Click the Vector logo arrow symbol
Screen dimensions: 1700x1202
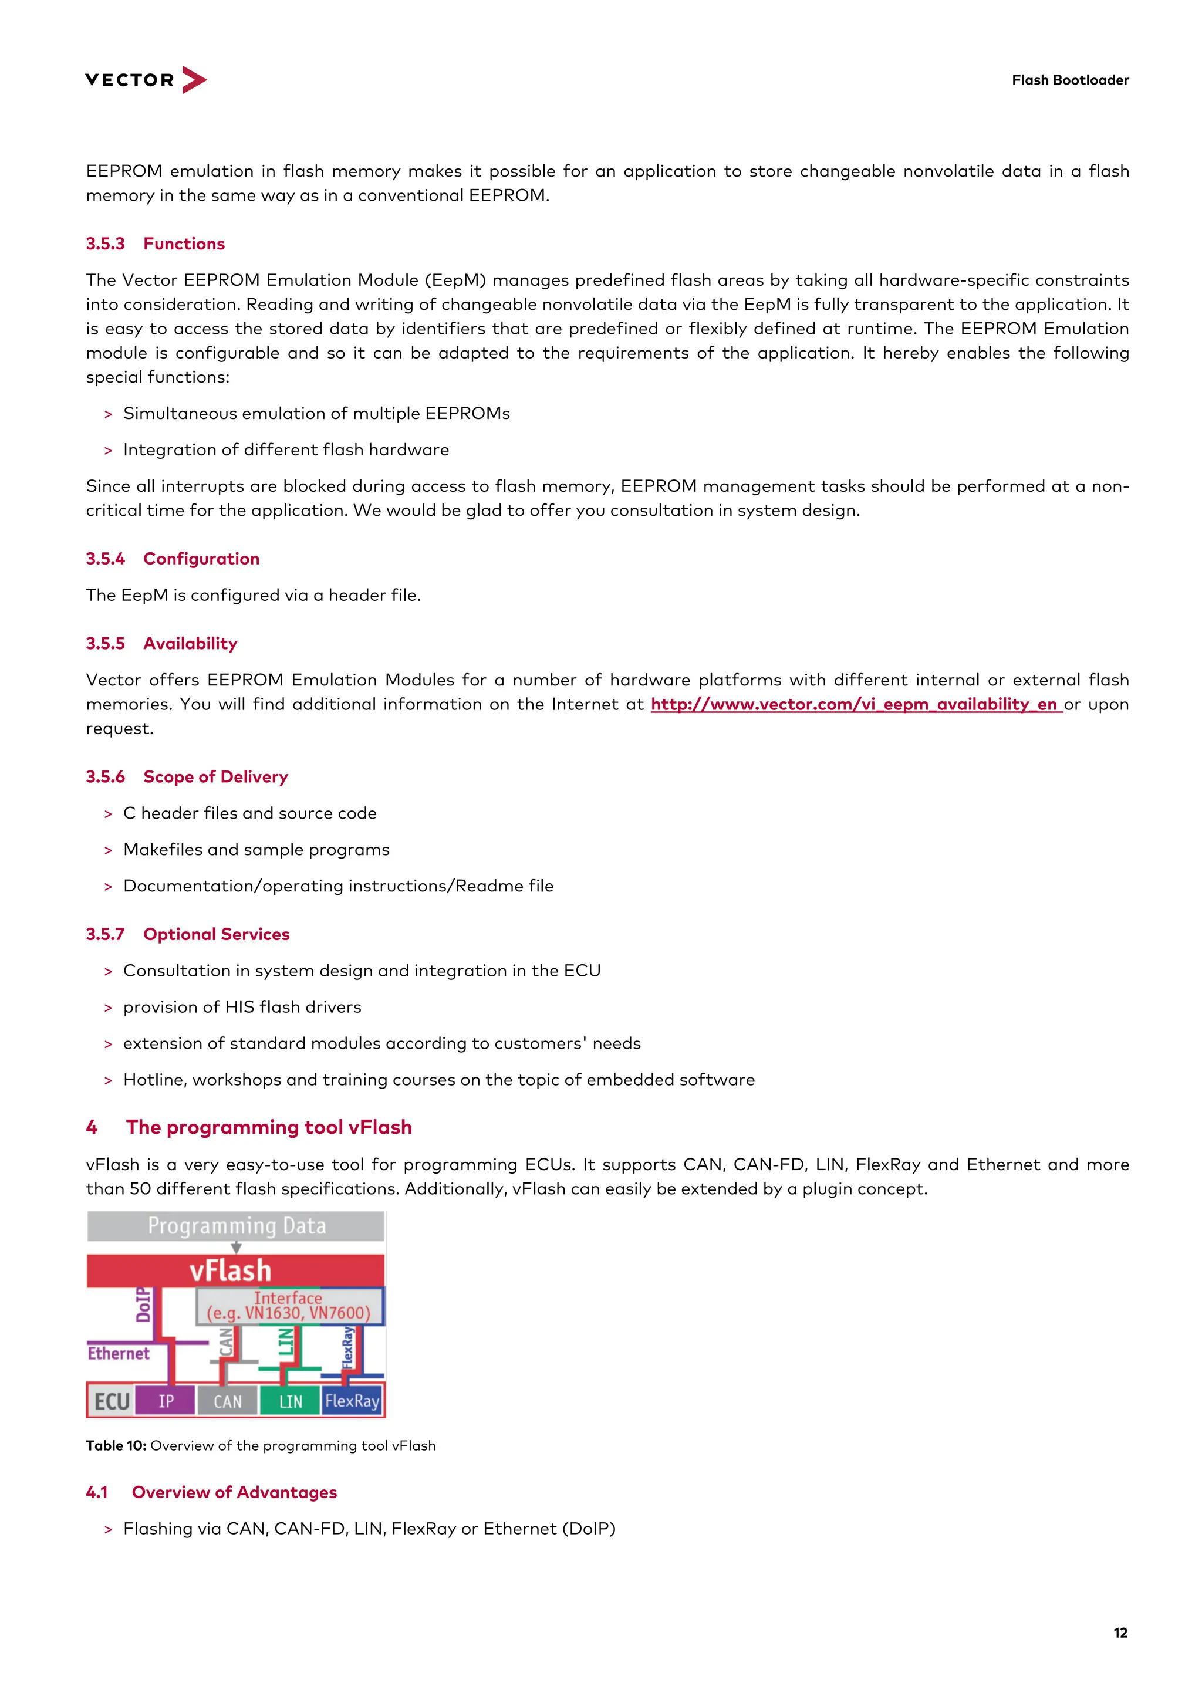click(193, 79)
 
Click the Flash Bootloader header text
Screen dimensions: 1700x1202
click(1069, 80)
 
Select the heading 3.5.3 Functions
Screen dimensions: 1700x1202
click(156, 244)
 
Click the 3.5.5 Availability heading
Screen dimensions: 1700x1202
click(161, 643)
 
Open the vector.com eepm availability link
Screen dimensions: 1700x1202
click(856, 704)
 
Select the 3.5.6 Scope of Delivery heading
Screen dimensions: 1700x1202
click(187, 777)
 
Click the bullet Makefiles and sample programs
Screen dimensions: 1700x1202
click(256, 849)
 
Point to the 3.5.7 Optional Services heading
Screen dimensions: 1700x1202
click(187, 934)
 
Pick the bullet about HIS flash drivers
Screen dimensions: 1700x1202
click(242, 1007)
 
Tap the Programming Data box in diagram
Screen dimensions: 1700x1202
click(237, 1226)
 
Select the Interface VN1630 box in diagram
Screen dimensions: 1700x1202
click(289, 1306)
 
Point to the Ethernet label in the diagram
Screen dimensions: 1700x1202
click(119, 1353)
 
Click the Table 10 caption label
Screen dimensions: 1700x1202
click(116, 1445)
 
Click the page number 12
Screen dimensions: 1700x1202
click(1120, 1633)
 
